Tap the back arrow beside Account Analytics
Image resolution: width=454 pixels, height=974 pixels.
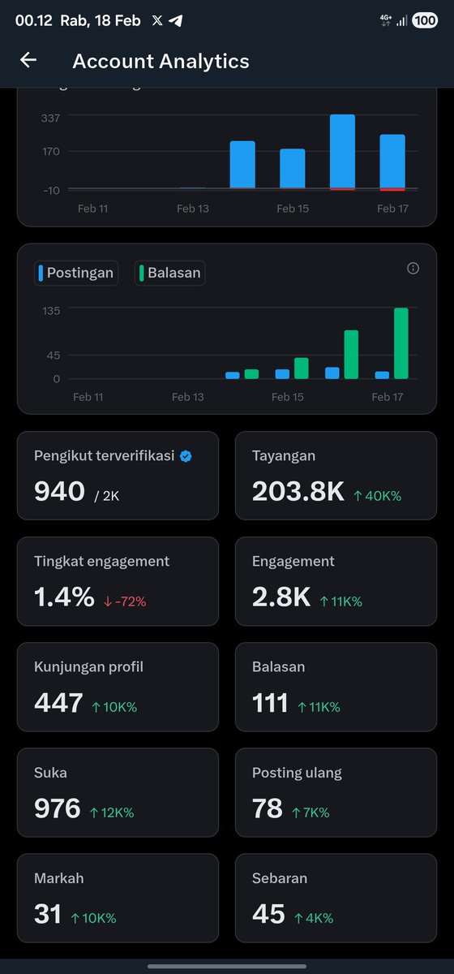click(x=28, y=60)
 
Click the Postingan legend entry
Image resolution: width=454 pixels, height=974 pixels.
click(x=76, y=273)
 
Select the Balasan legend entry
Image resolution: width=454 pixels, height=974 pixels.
click(x=169, y=273)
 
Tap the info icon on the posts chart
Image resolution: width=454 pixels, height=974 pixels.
click(x=413, y=269)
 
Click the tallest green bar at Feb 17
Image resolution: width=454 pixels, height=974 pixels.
click(x=400, y=343)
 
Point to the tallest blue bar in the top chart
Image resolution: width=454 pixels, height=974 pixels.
click(x=342, y=152)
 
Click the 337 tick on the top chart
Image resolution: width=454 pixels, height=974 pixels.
click(x=50, y=119)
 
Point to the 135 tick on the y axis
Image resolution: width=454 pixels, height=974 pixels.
click(x=51, y=310)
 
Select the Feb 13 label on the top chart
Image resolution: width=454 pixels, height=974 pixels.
click(x=192, y=209)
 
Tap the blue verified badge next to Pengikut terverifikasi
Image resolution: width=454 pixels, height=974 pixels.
click(x=186, y=456)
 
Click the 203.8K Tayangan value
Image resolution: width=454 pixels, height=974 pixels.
click(x=298, y=491)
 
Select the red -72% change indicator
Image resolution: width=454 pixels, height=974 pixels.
click(x=125, y=601)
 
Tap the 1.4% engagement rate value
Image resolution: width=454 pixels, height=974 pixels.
click(x=64, y=597)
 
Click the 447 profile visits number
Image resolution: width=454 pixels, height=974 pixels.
click(x=58, y=703)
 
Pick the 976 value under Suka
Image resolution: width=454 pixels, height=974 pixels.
click(x=57, y=808)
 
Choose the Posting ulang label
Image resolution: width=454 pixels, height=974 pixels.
click(x=297, y=773)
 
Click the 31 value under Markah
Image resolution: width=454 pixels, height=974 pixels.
click(x=48, y=914)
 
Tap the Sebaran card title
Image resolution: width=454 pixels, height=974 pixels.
click(x=280, y=878)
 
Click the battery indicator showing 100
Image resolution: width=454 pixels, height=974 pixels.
click(x=424, y=20)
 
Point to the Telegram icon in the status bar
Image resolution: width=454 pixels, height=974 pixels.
click(x=176, y=21)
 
